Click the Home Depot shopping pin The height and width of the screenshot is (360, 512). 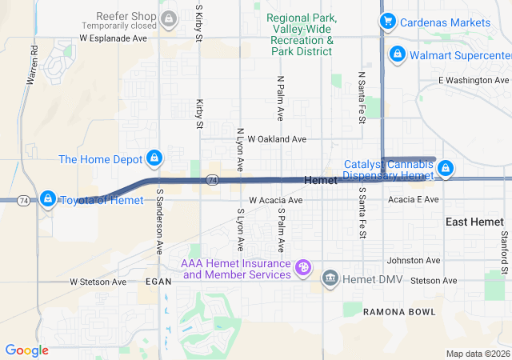155,158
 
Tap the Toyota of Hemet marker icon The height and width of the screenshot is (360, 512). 47,198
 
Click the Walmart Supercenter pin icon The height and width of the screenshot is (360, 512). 397,54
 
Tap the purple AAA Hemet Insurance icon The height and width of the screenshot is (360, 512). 303,267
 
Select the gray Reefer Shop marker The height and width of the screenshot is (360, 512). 168,18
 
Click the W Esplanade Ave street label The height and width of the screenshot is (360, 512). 114,38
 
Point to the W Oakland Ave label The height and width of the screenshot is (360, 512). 277,138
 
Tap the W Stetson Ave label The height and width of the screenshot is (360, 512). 98,282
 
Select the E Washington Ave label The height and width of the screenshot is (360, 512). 474,81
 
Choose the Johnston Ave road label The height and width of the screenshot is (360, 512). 414,260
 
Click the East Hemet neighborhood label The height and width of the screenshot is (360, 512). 475,222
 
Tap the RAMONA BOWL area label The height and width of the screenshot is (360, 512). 400,311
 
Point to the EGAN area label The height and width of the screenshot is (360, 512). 158,282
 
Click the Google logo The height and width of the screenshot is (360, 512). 26,350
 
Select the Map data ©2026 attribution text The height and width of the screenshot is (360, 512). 478,354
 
